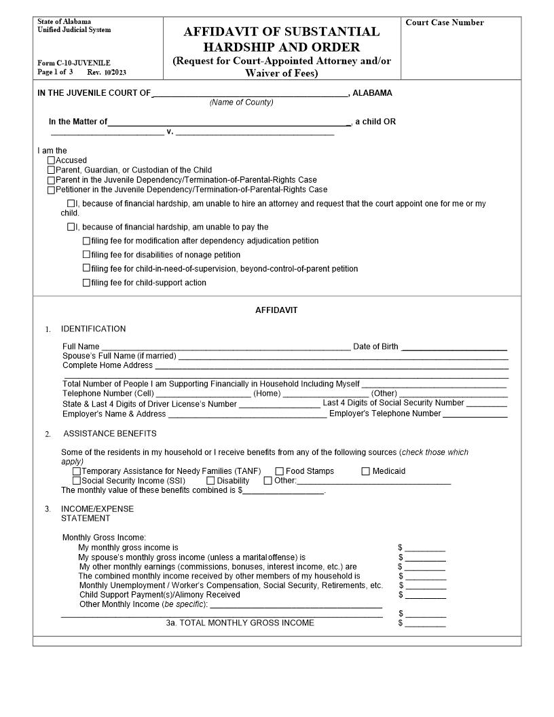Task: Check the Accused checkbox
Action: [51, 161]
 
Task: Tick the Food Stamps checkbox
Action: [279, 471]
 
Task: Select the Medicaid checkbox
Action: [365, 471]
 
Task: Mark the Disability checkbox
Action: [210, 481]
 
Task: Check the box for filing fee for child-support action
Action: [86, 283]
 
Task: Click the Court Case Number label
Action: [444, 23]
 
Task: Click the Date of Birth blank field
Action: [454, 347]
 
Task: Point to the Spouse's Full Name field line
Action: [342, 356]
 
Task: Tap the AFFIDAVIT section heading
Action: [276, 310]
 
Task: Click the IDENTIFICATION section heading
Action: [93, 329]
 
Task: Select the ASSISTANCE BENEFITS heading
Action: [109, 434]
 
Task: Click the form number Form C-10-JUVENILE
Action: [74, 63]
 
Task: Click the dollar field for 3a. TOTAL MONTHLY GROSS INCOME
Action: [425, 623]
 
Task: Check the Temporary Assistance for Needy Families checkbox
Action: [76, 471]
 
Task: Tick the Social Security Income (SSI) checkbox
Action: [76, 481]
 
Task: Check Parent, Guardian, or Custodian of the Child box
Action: [51, 170]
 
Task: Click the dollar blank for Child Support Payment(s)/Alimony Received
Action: [425, 595]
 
